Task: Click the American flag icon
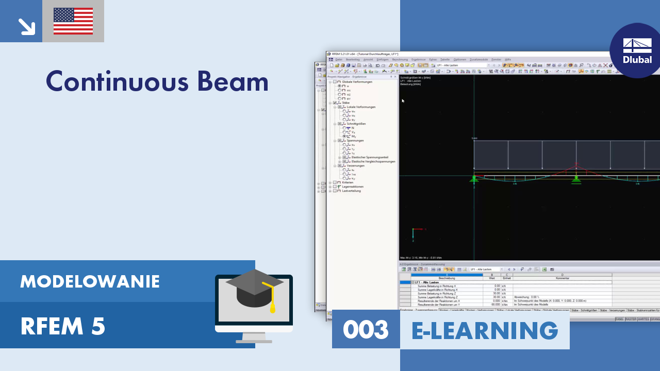pyautogui.click(x=73, y=21)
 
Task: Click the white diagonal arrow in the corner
pyautogui.click(x=25, y=26)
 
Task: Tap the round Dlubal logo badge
pyautogui.click(x=637, y=50)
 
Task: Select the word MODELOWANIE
pyautogui.click(x=90, y=281)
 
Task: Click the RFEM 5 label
pyautogui.click(x=62, y=326)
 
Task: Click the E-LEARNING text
pyautogui.click(x=485, y=330)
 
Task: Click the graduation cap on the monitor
pyautogui.click(x=255, y=289)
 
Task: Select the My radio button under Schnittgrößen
pyautogui.click(x=344, y=136)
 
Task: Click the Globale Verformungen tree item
pyautogui.click(x=357, y=82)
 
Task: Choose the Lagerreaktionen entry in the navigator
pyautogui.click(x=353, y=187)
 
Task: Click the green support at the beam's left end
pyautogui.click(x=473, y=179)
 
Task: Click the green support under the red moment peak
pyautogui.click(x=576, y=179)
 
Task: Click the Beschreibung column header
pyautogui.click(x=447, y=278)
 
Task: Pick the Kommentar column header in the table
pyautogui.click(x=562, y=278)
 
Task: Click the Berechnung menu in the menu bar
pyautogui.click(x=400, y=59)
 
